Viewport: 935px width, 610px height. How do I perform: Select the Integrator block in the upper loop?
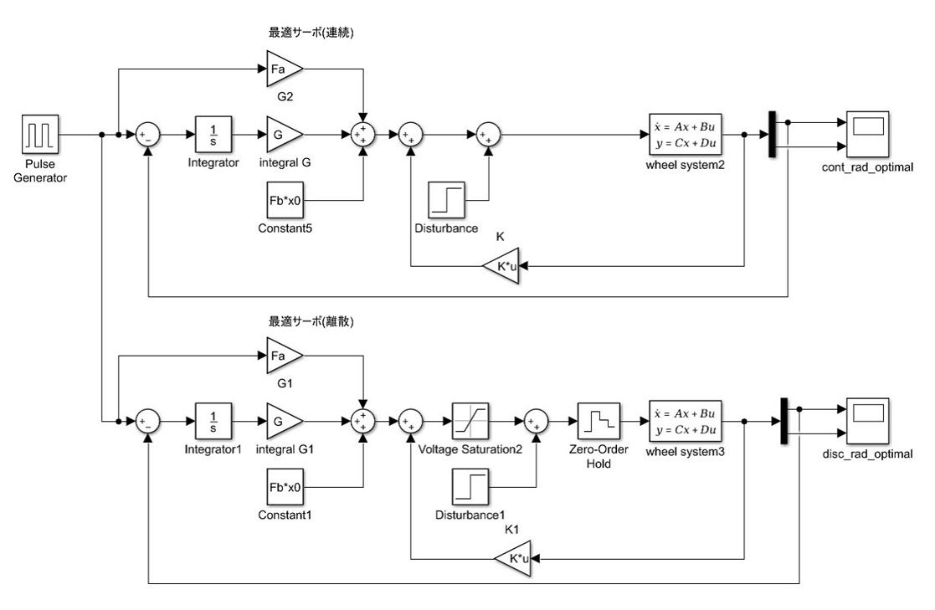[x=213, y=134]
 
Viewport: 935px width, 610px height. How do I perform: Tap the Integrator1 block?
[x=213, y=420]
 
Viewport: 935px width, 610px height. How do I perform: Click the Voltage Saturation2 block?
[x=470, y=420]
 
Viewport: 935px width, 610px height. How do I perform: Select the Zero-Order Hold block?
[x=598, y=420]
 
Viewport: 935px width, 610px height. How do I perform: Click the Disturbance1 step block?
[x=470, y=487]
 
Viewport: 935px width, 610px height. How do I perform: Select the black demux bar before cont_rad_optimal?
[x=773, y=134]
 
